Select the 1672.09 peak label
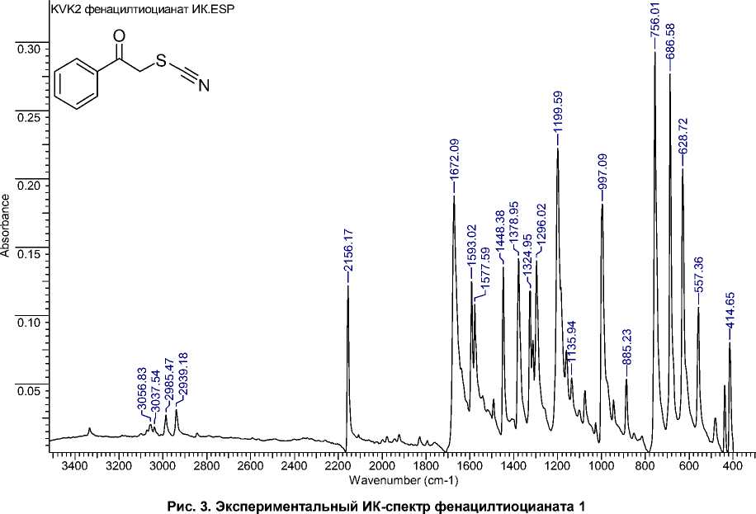point(454,167)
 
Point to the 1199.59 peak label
point(558,117)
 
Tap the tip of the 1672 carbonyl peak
point(454,196)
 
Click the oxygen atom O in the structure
point(119,36)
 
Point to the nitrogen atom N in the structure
point(204,85)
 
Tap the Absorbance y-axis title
point(7,226)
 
